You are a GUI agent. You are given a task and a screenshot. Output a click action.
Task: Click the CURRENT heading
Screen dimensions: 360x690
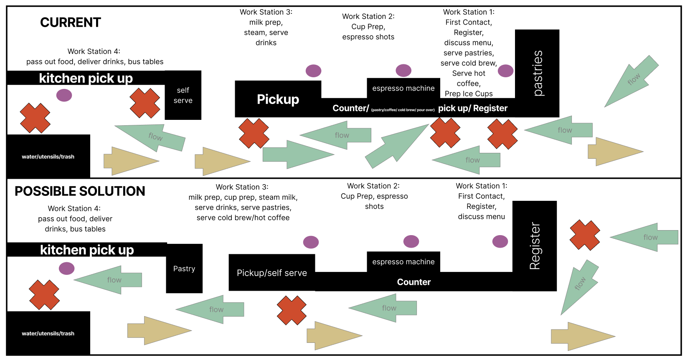pos(70,23)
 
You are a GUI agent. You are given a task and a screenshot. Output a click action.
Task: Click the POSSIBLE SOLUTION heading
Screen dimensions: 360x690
pos(80,191)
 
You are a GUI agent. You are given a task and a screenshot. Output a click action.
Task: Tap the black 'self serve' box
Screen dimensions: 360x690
pos(183,95)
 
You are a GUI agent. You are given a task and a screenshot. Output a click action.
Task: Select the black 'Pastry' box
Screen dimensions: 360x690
pos(184,269)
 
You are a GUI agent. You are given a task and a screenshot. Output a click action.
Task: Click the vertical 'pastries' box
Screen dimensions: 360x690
pos(537,73)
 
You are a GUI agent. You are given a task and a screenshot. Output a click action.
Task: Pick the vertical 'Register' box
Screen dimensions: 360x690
pos(535,246)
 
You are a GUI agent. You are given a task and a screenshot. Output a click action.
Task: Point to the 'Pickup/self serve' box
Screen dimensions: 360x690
pos(271,273)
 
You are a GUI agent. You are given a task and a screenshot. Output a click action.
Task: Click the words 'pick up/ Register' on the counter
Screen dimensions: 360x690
pos(472,109)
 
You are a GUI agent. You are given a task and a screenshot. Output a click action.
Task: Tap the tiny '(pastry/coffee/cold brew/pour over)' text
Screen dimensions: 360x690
pos(403,110)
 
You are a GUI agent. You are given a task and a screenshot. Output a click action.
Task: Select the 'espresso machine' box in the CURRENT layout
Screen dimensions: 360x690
pos(403,88)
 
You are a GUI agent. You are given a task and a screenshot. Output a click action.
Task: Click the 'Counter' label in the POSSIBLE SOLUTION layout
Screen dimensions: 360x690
pos(413,282)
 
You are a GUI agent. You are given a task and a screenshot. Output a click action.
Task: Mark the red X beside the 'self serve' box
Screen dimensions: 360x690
pos(145,103)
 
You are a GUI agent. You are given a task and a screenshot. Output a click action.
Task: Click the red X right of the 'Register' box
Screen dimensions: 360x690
pos(585,235)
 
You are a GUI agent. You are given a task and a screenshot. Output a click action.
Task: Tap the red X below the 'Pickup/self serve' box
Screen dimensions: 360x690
pos(292,310)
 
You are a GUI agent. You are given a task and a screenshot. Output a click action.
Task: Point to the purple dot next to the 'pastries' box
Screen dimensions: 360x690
pos(505,71)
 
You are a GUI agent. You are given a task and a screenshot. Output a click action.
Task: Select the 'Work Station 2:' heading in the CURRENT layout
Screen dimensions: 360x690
pos(368,17)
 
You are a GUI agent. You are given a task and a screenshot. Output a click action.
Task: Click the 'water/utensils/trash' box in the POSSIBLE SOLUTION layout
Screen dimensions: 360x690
pos(48,333)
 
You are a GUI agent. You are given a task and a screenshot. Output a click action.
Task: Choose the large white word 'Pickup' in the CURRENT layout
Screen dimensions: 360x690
pos(278,99)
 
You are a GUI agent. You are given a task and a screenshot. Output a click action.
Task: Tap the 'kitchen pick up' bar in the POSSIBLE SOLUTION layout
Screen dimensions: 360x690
pos(87,250)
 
